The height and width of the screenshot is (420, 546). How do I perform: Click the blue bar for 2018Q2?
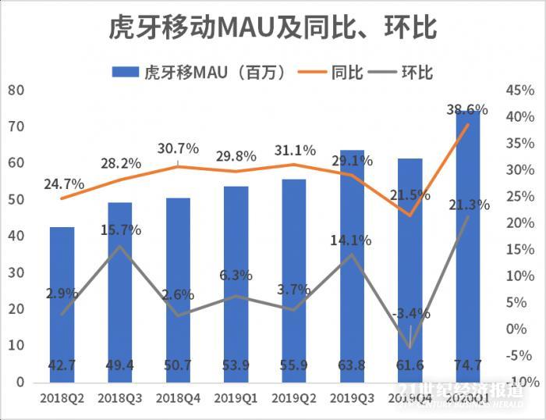click(x=62, y=304)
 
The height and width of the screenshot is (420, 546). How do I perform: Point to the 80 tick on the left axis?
click(x=16, y=90)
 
